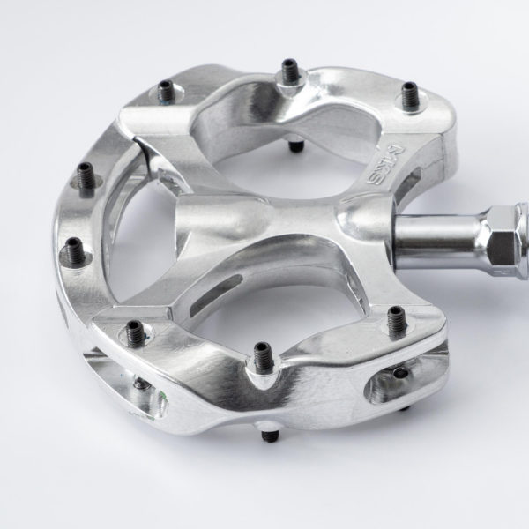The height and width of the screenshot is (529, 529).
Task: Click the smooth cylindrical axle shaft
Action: (438, 238)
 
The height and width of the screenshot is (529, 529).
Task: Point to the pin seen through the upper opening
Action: (296, 145)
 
